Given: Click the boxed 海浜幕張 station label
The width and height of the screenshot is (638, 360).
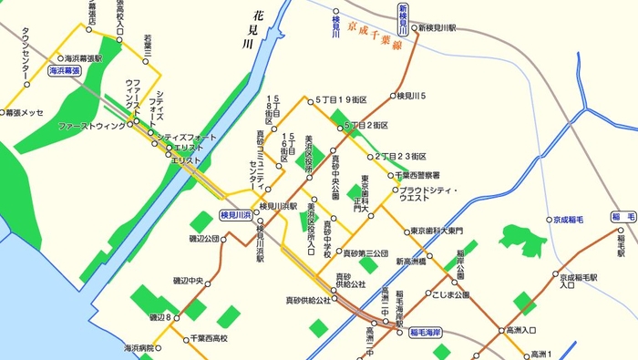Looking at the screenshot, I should point(65,69).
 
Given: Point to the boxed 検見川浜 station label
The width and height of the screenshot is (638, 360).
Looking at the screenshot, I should point(236,214).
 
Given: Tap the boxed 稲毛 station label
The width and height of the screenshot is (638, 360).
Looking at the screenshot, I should point(624,217).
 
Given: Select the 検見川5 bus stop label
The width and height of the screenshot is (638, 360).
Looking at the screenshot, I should point(411,95).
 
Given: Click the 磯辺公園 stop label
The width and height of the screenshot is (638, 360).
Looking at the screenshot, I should point(204,239).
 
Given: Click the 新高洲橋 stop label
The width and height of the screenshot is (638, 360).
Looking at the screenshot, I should point(417,262).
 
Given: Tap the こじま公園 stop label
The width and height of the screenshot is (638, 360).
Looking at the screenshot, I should point(451,295).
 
